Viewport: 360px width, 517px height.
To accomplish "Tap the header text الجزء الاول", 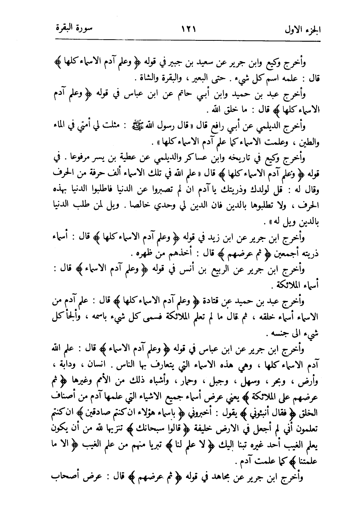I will (x=304, y=29).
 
